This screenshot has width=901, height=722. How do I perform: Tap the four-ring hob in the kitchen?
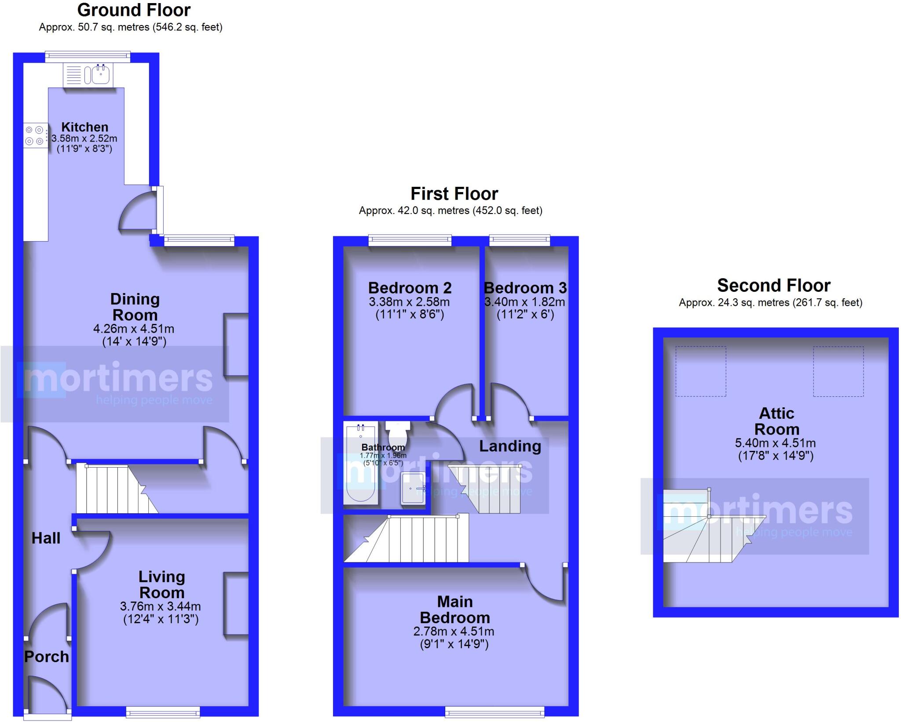35,135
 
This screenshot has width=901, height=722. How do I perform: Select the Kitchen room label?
84,127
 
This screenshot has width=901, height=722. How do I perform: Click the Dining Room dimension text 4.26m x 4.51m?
134,329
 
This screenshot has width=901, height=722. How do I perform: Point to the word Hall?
46,538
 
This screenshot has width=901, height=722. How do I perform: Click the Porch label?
47,657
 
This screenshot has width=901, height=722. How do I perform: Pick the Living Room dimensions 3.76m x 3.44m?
161,606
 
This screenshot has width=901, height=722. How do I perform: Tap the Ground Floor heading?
134,10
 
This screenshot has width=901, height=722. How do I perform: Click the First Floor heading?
454,193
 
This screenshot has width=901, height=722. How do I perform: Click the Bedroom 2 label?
410,288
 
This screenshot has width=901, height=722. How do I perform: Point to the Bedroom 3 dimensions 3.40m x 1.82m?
525,302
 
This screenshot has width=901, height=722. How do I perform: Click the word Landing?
510,446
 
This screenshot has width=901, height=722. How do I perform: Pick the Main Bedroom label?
454,610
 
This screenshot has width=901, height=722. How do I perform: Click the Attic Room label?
776,421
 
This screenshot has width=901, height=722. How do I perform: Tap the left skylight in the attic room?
700,371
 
